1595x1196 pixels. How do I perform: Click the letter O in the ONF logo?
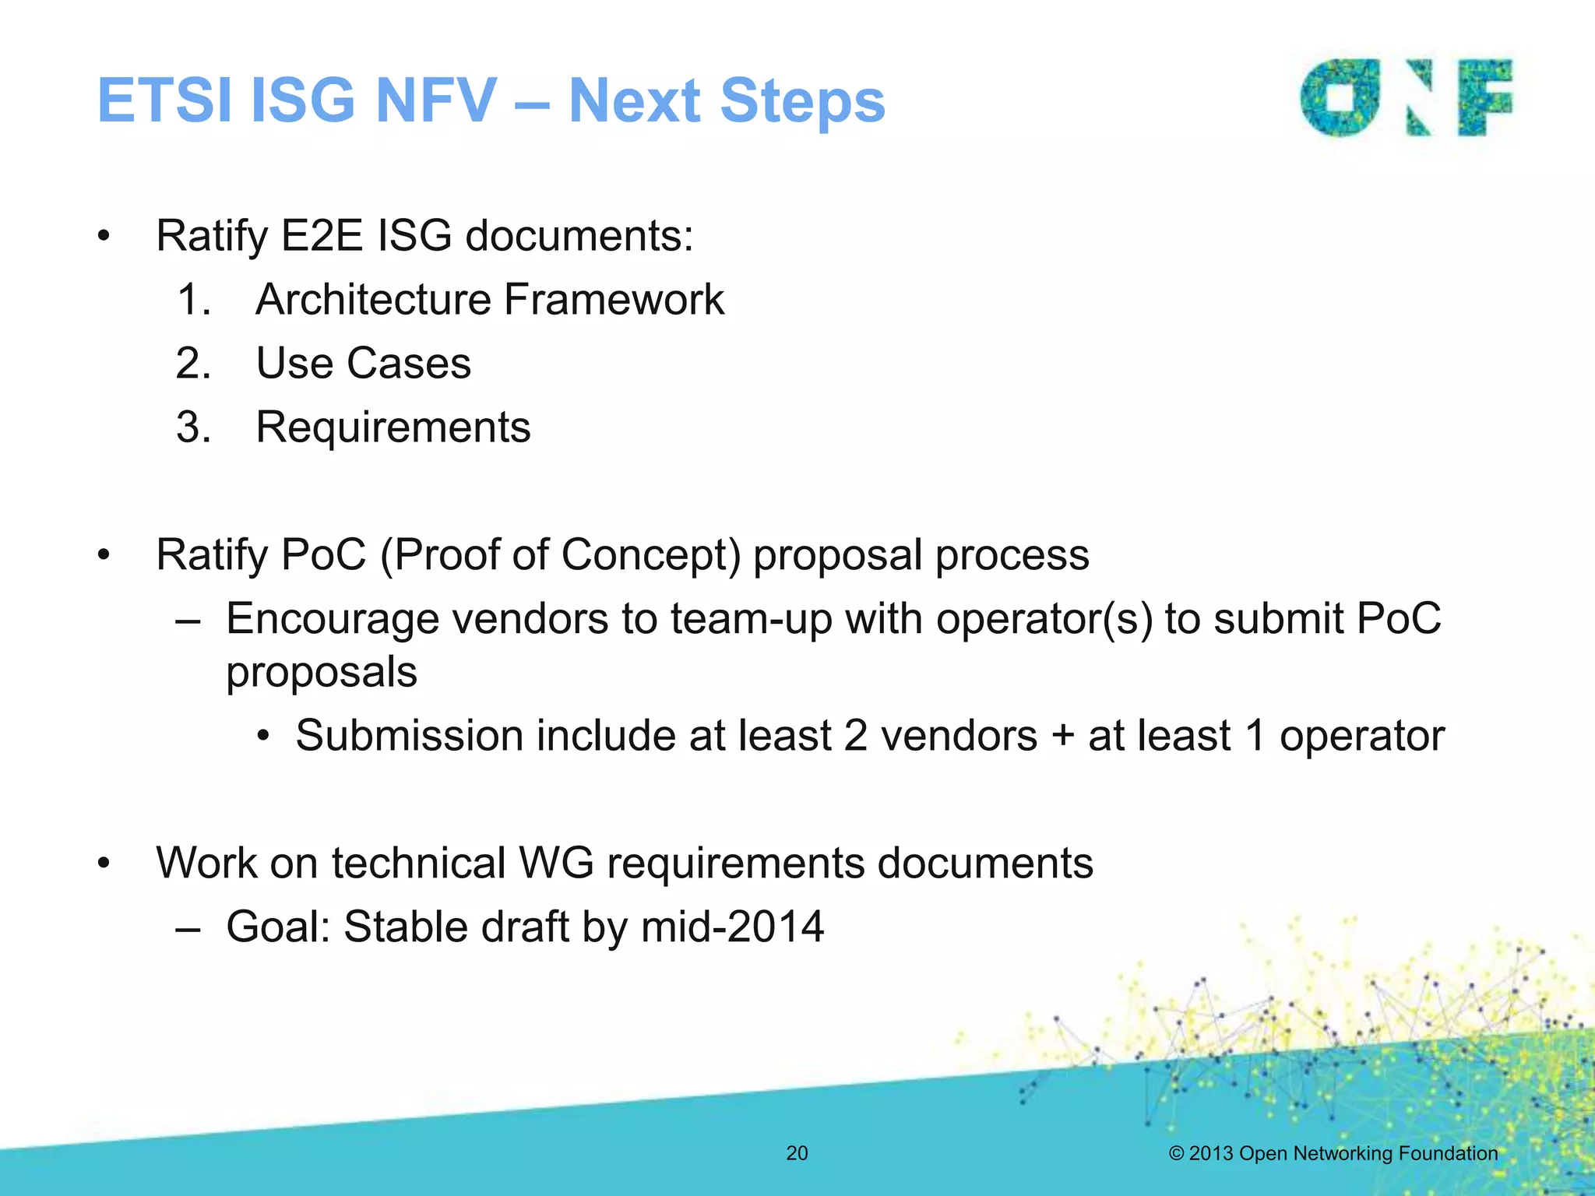(x=1340, y=98)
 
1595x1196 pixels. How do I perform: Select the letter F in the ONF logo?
(x=1484, y=97)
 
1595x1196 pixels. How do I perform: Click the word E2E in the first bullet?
(x=322, y=235)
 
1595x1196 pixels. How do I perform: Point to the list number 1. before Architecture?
(x=194, y=300)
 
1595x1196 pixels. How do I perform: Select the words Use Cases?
(x=363, y=364)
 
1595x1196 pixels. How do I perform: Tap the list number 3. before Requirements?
(x=193, y=427)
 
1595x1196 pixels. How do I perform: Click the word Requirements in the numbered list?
(x=393, y=427)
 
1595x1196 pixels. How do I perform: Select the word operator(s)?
(x=1044, y=619)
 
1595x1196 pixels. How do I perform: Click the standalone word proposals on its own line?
(x=321, y=672)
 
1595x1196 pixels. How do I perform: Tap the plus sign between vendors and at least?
(x=1062, y=736)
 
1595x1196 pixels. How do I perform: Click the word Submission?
(x=409, y=736)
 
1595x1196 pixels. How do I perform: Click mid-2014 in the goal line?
(x=731, y=927)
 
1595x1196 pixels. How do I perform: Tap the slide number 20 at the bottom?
(x=797, y=1153)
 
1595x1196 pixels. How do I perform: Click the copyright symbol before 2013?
(x=1176, y=1153)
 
